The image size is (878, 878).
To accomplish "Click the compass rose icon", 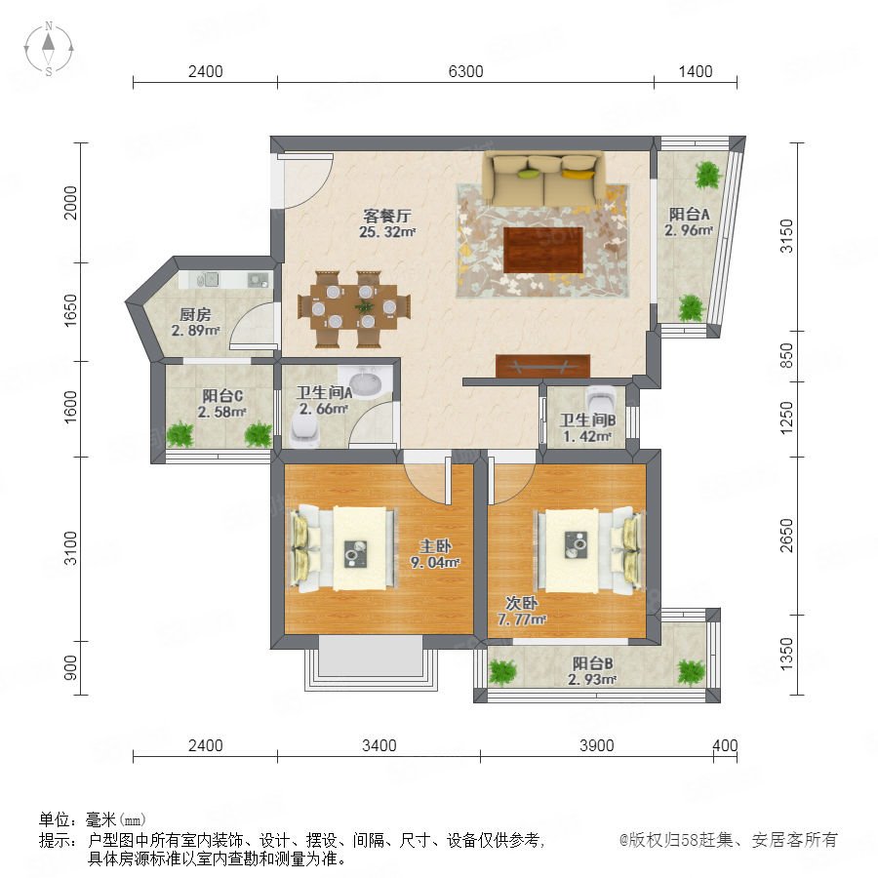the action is point(49,49).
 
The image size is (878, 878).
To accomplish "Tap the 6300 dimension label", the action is point(465,71).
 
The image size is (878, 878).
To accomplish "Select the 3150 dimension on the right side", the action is point(786,236).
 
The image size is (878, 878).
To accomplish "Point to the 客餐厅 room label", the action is point(387,216).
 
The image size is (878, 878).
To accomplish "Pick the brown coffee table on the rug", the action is point(543,250).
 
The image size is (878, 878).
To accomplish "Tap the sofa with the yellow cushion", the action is point(543,179).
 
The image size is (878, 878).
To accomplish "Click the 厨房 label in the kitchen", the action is point(195,315).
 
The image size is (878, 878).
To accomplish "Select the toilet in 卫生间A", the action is point(304,431).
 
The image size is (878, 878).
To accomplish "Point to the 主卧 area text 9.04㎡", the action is point(435,562).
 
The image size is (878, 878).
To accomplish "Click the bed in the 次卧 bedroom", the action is point(589,550).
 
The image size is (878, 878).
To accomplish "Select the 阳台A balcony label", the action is point(689,214).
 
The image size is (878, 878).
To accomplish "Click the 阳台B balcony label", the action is point(592,663).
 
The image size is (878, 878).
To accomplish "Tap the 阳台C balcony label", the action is point(222,396).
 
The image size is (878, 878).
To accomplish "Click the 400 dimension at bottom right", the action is point(725,745).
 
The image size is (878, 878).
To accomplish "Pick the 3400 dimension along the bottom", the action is point(379,745).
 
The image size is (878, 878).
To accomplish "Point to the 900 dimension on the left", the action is point(70,667).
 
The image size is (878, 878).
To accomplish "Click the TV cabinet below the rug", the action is point(542,366).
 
